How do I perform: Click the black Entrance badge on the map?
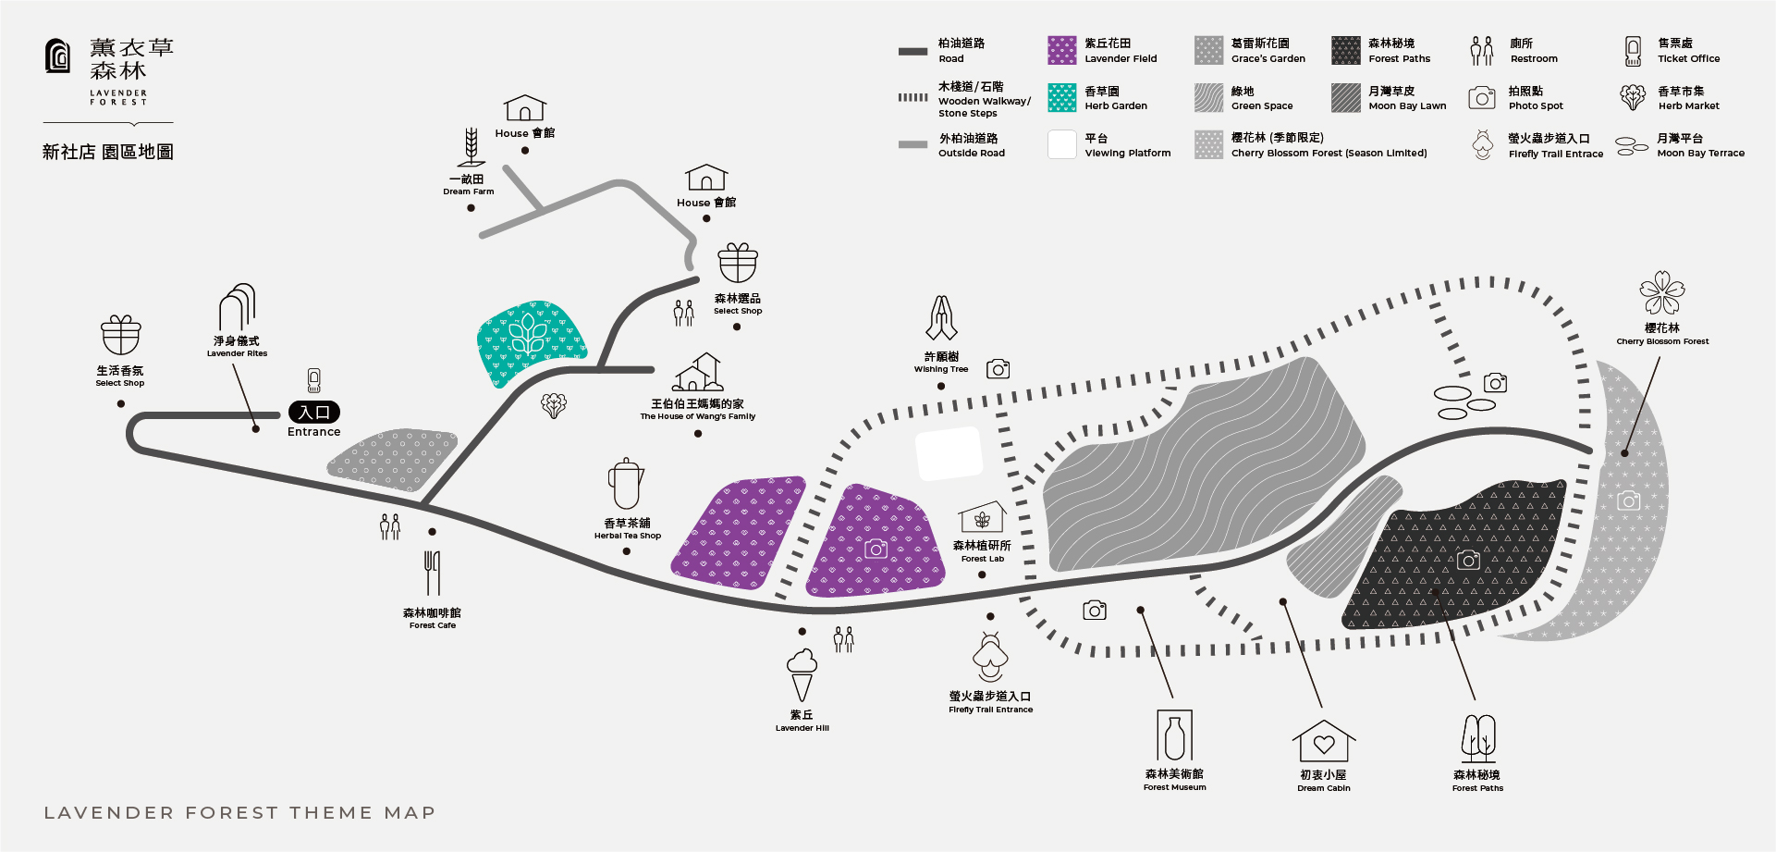pos(314,413)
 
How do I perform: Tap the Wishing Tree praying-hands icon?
pos(941,318)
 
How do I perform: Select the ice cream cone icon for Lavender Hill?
pos(802,674)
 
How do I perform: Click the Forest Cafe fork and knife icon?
pos(432,573)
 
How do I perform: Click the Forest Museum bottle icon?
pos(1174,736)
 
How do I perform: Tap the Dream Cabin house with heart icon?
pos(1324,741)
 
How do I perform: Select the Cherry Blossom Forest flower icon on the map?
pos(1661,293)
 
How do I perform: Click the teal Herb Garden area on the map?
pos(530,340)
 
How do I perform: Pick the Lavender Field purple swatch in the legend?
pos(1061,50)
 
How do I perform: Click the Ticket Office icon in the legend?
pos(1633,51)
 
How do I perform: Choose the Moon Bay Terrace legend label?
pos(1700,145)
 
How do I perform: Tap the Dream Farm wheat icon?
pos(471,147)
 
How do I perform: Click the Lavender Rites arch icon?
pos(238,307)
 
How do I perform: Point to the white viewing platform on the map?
pos(949,453)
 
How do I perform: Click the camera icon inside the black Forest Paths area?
pos(1468,560)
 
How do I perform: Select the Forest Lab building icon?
pos(982,519)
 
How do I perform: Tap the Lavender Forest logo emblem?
pos(57,56)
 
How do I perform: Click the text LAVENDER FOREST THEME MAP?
pos(239,812)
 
